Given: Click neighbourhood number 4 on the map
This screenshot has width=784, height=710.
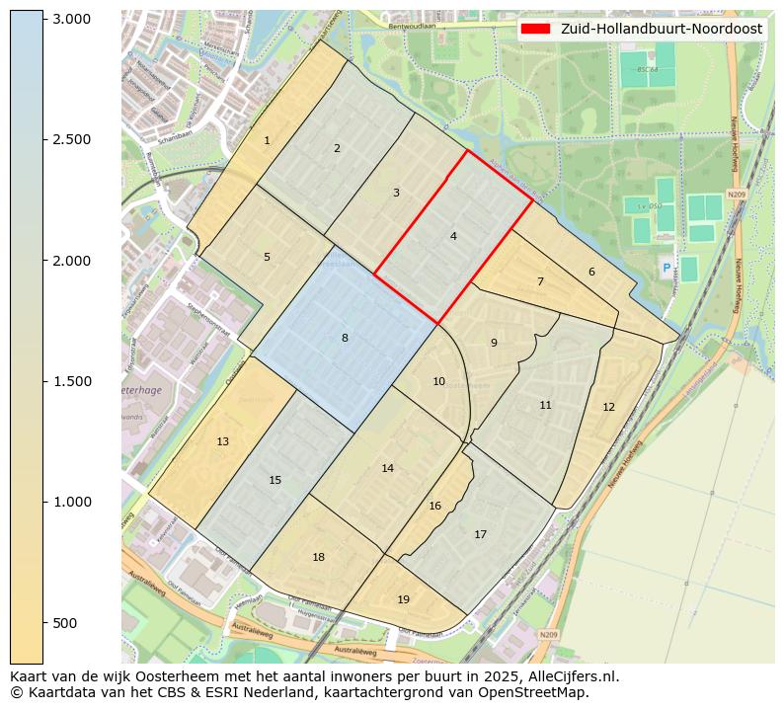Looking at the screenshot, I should tap(453, 236).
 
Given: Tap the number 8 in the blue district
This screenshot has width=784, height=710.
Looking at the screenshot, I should tap(345, 338).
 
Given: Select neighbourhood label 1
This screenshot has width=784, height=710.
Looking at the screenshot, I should tap(267, 141).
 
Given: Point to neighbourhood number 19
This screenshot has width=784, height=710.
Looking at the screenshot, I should tap(403, 599).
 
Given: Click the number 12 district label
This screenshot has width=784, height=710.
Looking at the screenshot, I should tap(608, 407).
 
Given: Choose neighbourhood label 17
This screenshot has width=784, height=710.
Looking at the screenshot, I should tap(480, 534).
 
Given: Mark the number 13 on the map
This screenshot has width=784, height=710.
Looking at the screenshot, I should tap(222, 441).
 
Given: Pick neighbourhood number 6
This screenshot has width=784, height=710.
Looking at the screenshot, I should tap(591, 272).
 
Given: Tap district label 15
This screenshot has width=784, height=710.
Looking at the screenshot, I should tap(274, 480).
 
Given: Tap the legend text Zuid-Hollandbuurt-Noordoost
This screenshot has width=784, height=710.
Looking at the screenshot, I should tap(661, 29).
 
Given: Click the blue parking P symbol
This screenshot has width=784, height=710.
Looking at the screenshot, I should tap(666, 268).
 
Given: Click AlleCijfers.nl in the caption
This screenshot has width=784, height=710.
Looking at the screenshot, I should tap(573, 676).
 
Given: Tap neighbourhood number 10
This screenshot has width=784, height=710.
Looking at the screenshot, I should tap(438, 381).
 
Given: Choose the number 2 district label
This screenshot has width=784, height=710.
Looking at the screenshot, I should tap(337, 148).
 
